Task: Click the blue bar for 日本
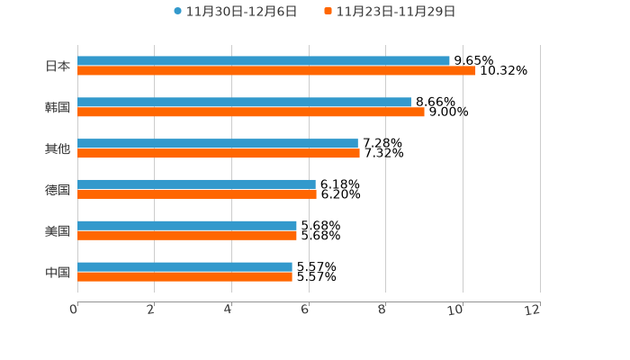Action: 264,61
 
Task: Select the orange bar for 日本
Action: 276,70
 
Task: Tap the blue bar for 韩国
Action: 244,103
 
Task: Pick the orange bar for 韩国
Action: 251,112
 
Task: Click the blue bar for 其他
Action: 218,144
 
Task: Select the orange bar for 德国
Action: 197,193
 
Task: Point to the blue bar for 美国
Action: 187,226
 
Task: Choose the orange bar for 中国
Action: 184,276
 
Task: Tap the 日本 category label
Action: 58,66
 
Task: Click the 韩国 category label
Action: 58,107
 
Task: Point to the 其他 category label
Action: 58,148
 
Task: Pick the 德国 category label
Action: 58,189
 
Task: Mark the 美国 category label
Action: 58,230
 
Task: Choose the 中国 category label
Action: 58,272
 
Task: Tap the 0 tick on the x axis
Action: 75,310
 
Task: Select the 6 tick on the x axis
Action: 306,310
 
